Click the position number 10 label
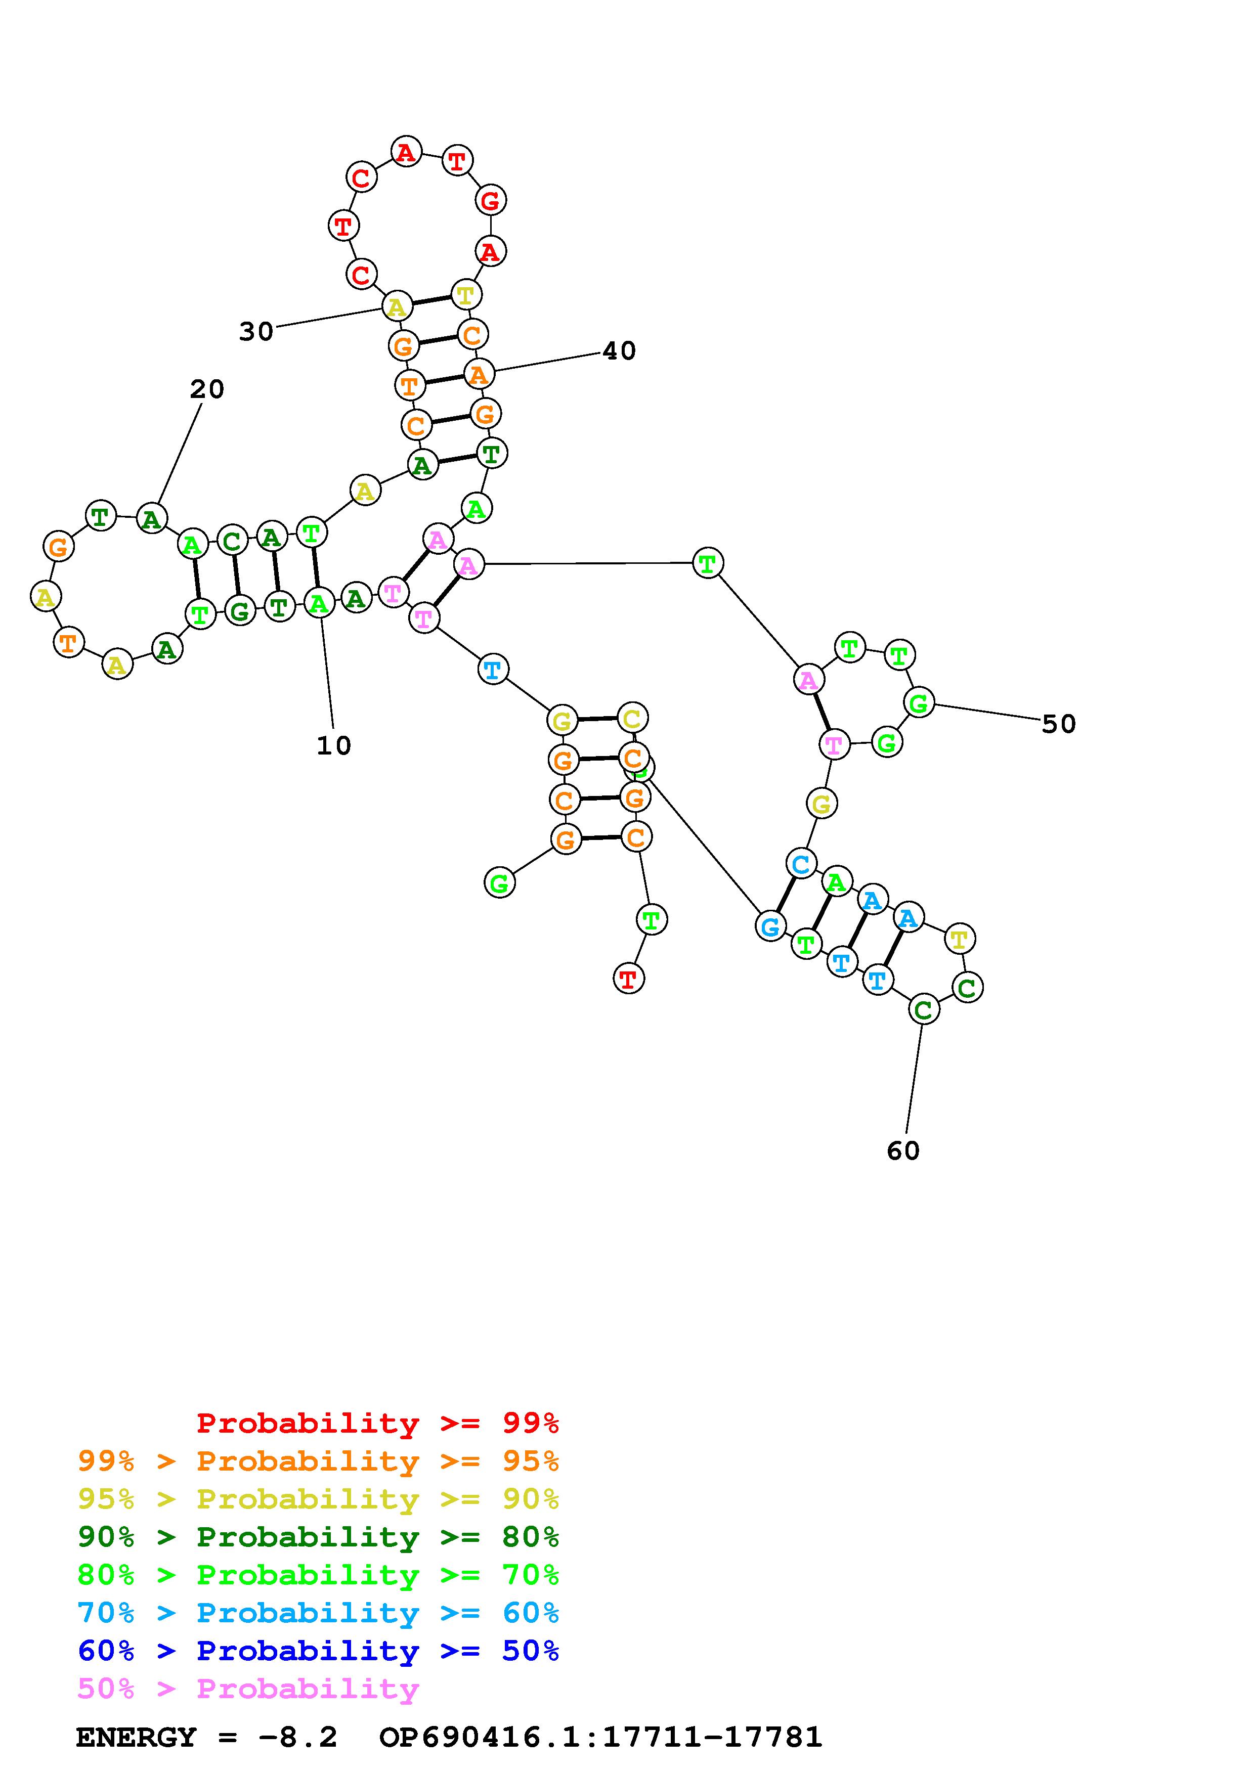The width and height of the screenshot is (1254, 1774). click(334, 745)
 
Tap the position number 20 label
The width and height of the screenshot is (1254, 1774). click(207, 389)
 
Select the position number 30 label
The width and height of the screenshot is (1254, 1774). click(256, 331)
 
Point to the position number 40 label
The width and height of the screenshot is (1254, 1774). click(619, 351)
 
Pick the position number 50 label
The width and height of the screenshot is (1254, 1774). click(1059, 724)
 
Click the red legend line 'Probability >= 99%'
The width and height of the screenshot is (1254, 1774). click(378, 1423)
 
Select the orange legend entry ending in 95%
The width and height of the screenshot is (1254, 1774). click(318, 1461)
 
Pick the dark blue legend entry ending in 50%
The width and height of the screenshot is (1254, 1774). click(318, 1651)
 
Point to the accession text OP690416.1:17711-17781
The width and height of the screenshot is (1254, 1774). click(600, 1737)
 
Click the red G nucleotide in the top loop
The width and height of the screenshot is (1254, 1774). click(490, 201)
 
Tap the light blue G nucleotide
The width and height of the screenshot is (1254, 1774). click(770, 925)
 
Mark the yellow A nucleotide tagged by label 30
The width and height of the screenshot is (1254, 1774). click(397, 307)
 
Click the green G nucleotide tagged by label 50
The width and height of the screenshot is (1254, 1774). click(919, 703)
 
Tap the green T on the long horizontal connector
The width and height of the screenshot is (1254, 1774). click(708, 563)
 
